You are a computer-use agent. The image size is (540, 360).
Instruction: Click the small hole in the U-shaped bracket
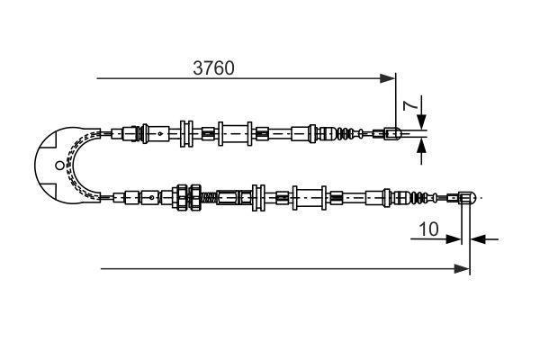[x=59, y=166]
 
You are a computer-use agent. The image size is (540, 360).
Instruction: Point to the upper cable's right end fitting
[x=392, y=135]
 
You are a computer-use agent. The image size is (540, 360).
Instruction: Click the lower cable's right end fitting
[x=467, y=195]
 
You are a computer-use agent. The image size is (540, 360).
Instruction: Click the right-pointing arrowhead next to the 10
[x=456, y=239]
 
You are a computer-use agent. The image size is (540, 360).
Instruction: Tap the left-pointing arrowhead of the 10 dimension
[x=477, y=239]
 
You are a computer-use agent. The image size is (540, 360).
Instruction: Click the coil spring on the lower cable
[x=207, y=196]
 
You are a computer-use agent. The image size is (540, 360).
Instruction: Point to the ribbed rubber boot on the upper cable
[x=346, y=135]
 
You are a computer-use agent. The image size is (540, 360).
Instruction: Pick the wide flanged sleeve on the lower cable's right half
[x=312, y=195]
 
